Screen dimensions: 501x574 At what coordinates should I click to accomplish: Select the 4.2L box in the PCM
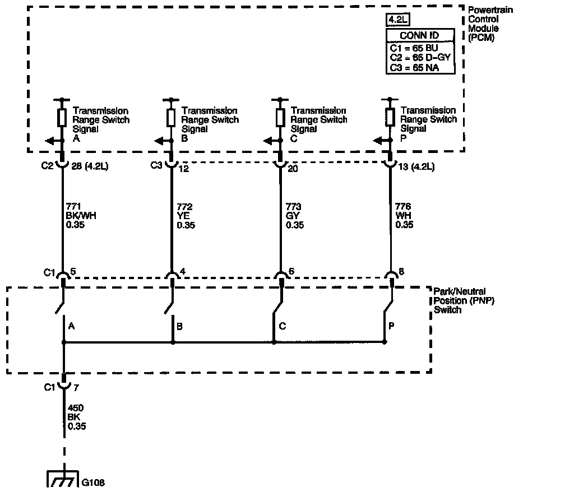(397, 21)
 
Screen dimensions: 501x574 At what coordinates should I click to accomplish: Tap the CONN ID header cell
(420, 35)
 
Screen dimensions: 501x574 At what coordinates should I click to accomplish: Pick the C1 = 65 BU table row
(415, 48)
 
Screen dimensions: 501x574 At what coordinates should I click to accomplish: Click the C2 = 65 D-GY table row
(420, 57)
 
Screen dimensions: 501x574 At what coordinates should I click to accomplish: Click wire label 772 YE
(187, 216)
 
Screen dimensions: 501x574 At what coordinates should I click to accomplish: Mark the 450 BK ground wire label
(77, 417)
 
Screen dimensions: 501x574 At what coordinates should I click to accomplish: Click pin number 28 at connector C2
(76, 166)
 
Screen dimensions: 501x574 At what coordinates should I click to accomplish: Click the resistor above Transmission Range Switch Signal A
(62, 118)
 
